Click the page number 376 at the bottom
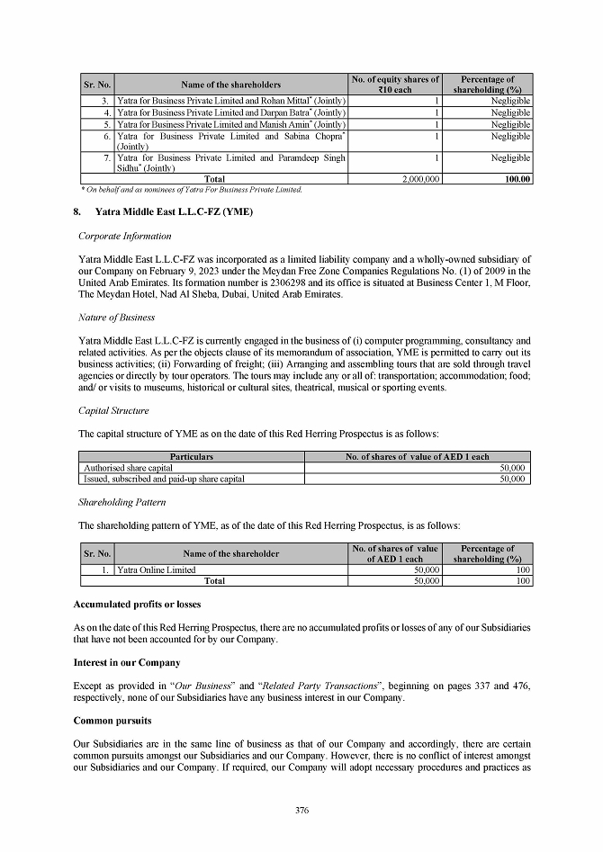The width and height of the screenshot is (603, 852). click(301, 811)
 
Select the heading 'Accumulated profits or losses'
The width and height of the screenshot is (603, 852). click(136, 604)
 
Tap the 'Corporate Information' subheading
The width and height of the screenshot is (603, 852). click(124, 236)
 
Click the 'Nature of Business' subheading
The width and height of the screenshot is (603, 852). click(117, 317)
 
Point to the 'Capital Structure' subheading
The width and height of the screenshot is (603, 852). click(115, 409)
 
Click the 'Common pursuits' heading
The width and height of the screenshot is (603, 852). click(112, 722)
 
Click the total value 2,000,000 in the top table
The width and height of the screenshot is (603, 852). click(420, 180)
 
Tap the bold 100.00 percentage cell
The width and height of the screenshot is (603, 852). click(517, 180)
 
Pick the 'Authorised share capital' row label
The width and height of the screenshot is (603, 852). click(128, 468)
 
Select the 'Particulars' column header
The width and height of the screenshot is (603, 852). click(192, 457)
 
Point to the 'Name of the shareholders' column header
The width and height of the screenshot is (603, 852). click(230, 85)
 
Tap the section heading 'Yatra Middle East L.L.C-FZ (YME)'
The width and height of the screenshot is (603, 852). click(174, 211)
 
